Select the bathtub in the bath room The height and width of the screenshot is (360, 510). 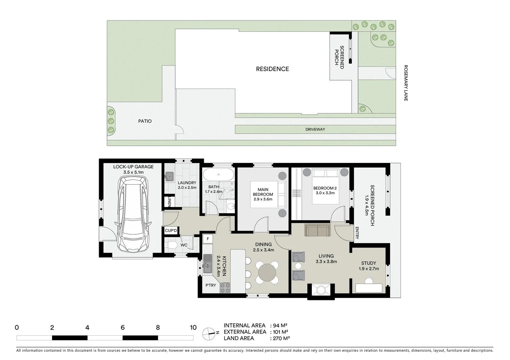click(x=218, y=174)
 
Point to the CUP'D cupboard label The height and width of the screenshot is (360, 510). click(x=171, y=231)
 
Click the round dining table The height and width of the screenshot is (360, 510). click(x=267, y=273)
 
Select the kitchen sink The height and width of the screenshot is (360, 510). click(x=208, y=263)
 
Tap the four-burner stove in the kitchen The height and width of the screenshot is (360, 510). click(x=225, y=288)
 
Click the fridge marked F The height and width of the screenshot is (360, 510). click(x=208, y=239)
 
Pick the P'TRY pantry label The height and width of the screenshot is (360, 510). click(x=210, y=285)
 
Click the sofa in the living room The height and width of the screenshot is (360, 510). click(x=317, y=230)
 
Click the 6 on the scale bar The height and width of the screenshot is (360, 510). click(x=122, y=328)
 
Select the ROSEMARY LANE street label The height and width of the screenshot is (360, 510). click(x=406, y=83)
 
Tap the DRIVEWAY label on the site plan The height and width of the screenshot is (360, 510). click(x=315, y=129)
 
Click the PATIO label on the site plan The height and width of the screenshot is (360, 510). click(x=145, y=121)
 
